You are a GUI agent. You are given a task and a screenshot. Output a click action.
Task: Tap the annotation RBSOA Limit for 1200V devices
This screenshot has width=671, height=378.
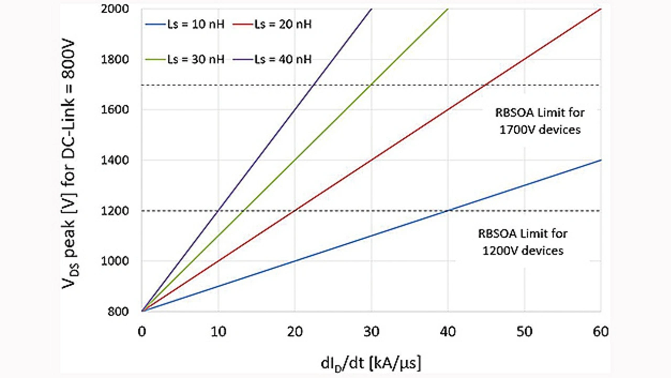pyautogui.click(x=522, y=242)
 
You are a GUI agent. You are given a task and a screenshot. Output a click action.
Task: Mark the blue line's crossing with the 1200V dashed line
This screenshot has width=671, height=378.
pyautogui.click(x=448, y=211)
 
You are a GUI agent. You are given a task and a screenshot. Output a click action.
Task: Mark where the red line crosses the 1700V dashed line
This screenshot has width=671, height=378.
pyautogui.click(x=486, y=85)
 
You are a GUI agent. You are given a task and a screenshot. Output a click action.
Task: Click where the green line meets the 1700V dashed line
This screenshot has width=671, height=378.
pyautogui.click(x=371, y=85)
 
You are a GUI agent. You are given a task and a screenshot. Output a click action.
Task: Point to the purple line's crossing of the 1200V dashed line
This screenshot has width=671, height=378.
pyautogui.click(x=218, y=211)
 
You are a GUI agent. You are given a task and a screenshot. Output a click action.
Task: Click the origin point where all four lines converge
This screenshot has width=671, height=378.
pyautogui.click(x=142, y=311)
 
